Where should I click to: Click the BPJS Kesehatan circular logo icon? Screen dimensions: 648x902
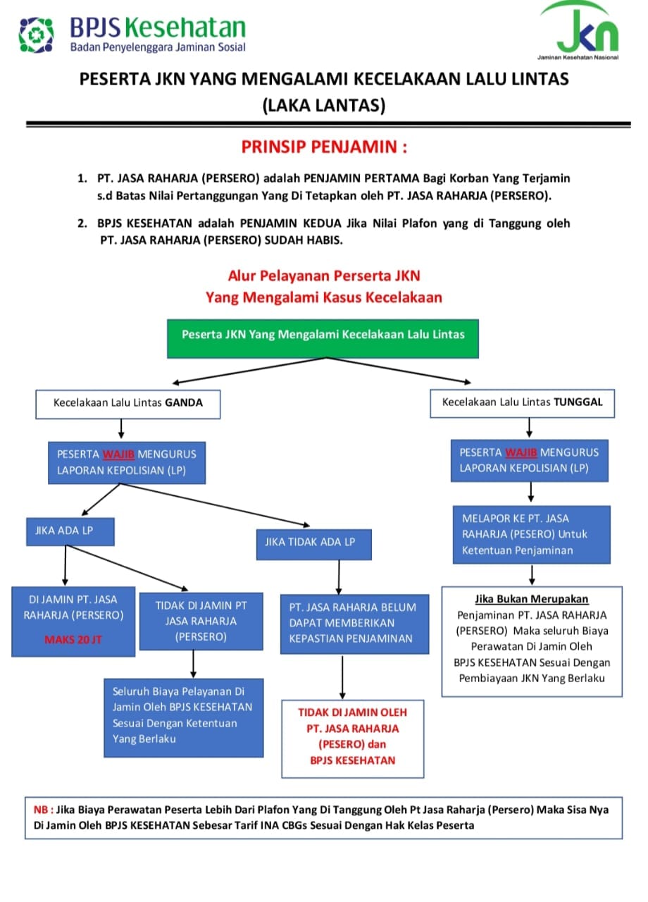(36, 35)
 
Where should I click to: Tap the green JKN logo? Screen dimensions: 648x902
(580, 30)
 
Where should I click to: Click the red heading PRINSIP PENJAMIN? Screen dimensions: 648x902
(324, 147)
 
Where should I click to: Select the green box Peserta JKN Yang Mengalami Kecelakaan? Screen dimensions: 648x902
(323, 339)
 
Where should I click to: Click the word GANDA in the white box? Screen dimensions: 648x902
(184, 402)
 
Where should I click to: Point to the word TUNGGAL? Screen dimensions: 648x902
(578, 402)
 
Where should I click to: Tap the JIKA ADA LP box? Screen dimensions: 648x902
(70, 531)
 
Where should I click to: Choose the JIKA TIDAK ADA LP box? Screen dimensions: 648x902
(314, 545)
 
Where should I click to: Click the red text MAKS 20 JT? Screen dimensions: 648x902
(73, 639)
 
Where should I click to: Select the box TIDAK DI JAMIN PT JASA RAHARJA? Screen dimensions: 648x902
(201, 621)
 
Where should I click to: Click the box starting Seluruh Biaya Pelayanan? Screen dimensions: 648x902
(184, 717)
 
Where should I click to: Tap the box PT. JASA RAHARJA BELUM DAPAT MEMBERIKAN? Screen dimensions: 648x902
(354, 624)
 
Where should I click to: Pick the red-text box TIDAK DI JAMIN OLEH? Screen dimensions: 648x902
(353, 739)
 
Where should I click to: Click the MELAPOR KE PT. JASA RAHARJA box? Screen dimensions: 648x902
(531, 534)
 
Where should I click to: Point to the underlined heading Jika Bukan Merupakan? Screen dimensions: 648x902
(531, 599)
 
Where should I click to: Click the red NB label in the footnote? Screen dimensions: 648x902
(41, 810)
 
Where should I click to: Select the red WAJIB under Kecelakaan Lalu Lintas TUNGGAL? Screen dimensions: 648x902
(521, 452)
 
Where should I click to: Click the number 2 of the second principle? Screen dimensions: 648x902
(82, 223)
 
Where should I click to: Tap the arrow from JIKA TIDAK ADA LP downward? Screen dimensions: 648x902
(339, 577)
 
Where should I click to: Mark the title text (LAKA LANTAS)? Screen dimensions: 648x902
(324, 106)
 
